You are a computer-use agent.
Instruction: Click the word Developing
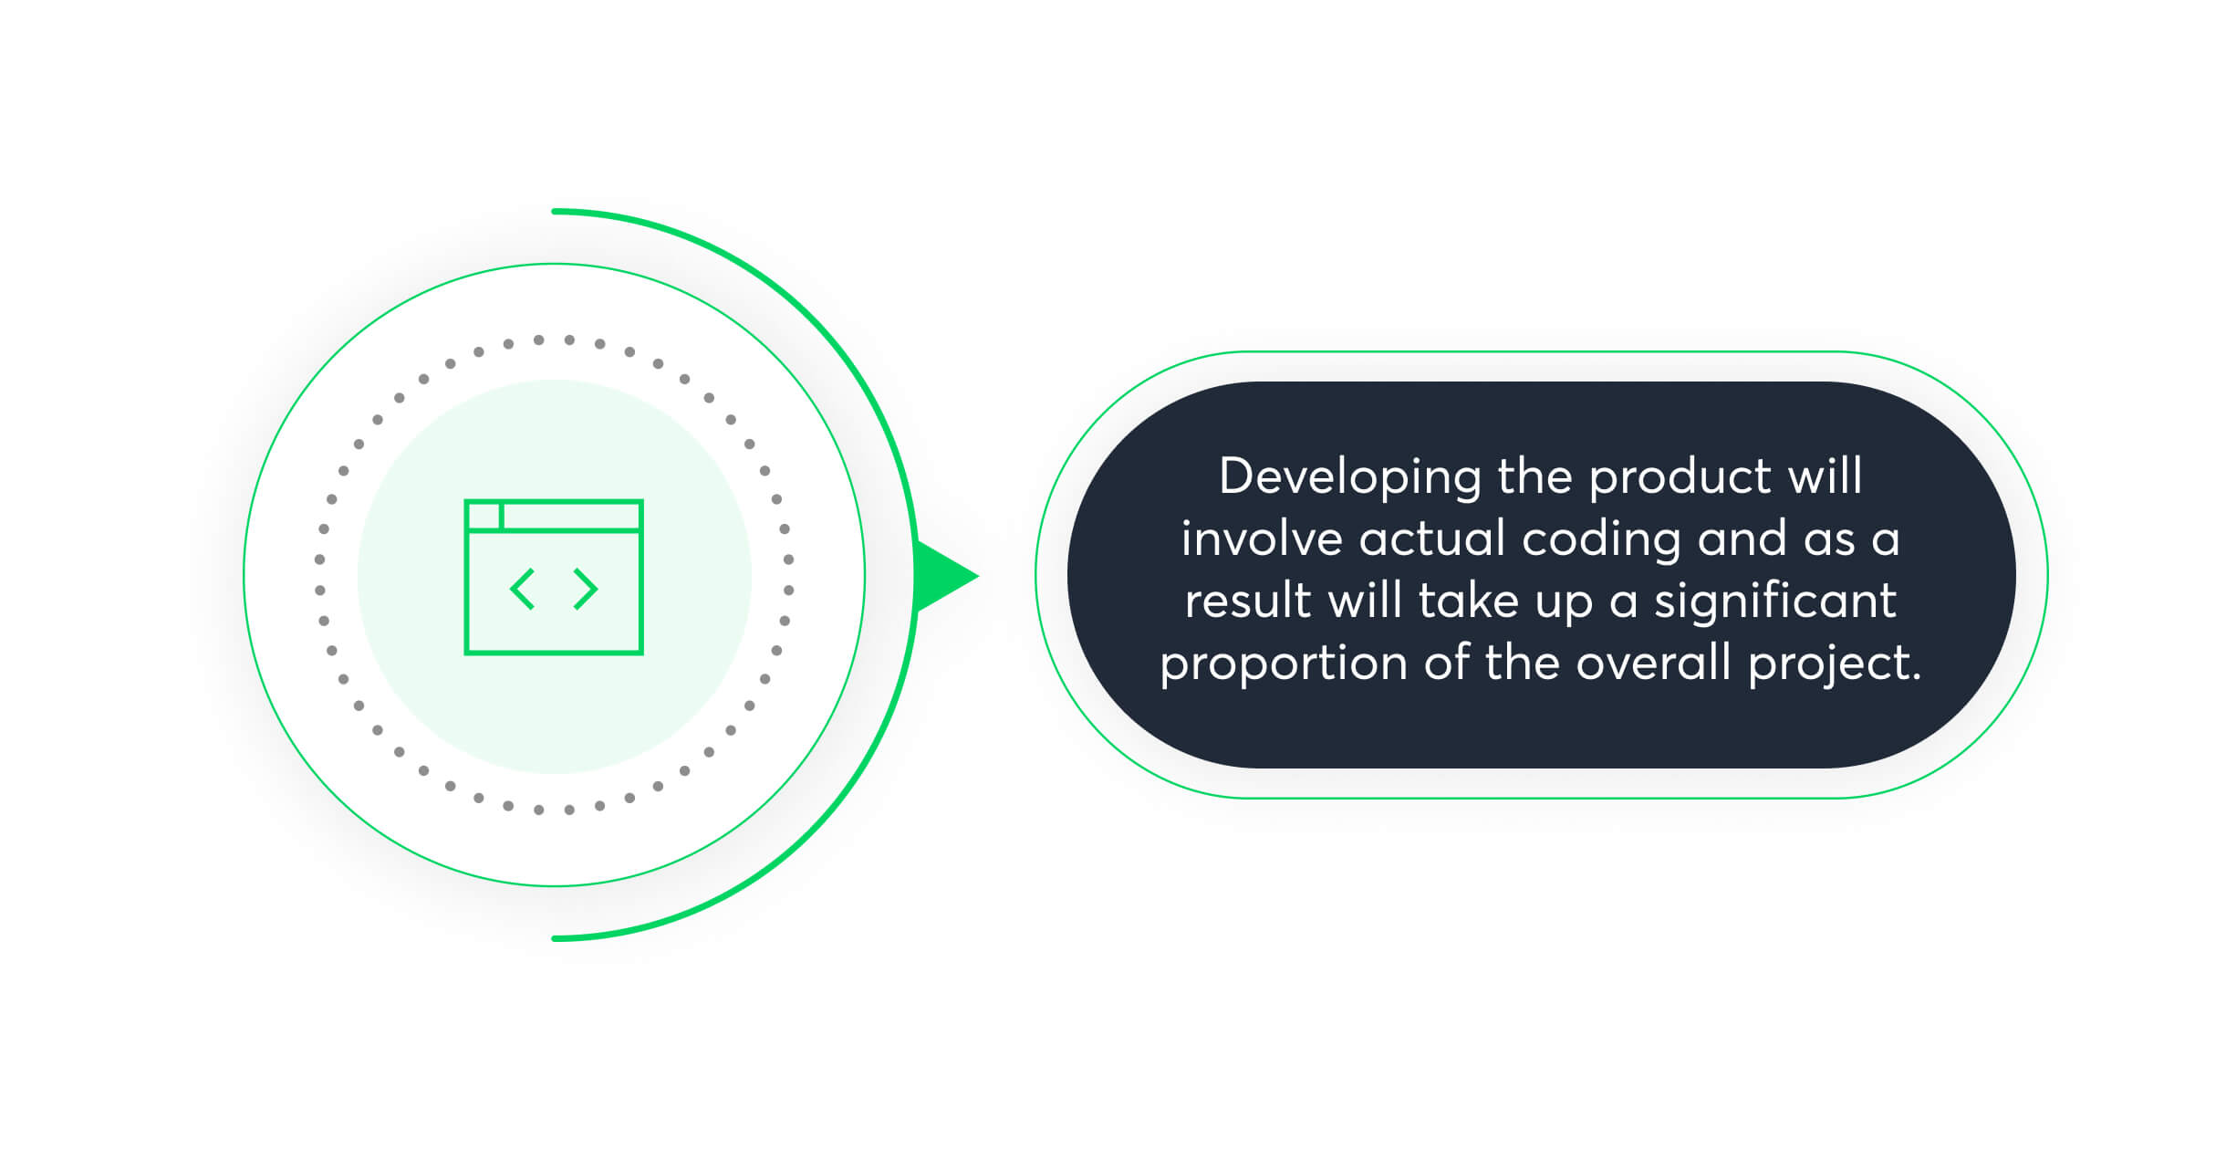click(x=1349, y=478)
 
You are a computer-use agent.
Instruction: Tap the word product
click(x=1680, y=478)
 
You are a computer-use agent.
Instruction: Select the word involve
click(x=1261, y=539)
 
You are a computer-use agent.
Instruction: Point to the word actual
click(x=1431, y=539)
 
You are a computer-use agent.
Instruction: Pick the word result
click(x=1247, y=601)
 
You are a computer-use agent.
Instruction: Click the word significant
click(x=1775, y=602)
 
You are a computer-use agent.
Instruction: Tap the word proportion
click(x=1283, y=664)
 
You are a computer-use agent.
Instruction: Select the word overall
click(x=1653, y=663)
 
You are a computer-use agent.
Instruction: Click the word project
click(x=1834, y=664)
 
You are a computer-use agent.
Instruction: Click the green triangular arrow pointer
click(x=941, y=576)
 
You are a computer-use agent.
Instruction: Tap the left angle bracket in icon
click(x=522, y=589)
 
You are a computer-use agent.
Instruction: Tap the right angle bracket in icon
click(x=586, y=589)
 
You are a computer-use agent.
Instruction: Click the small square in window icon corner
click(x=484, y=516)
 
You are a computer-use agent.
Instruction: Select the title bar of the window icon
click(x=571, y=516)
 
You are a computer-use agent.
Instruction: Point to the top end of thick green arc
click(x=556, y=212)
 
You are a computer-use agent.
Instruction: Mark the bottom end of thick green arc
click(x=556, y=938)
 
